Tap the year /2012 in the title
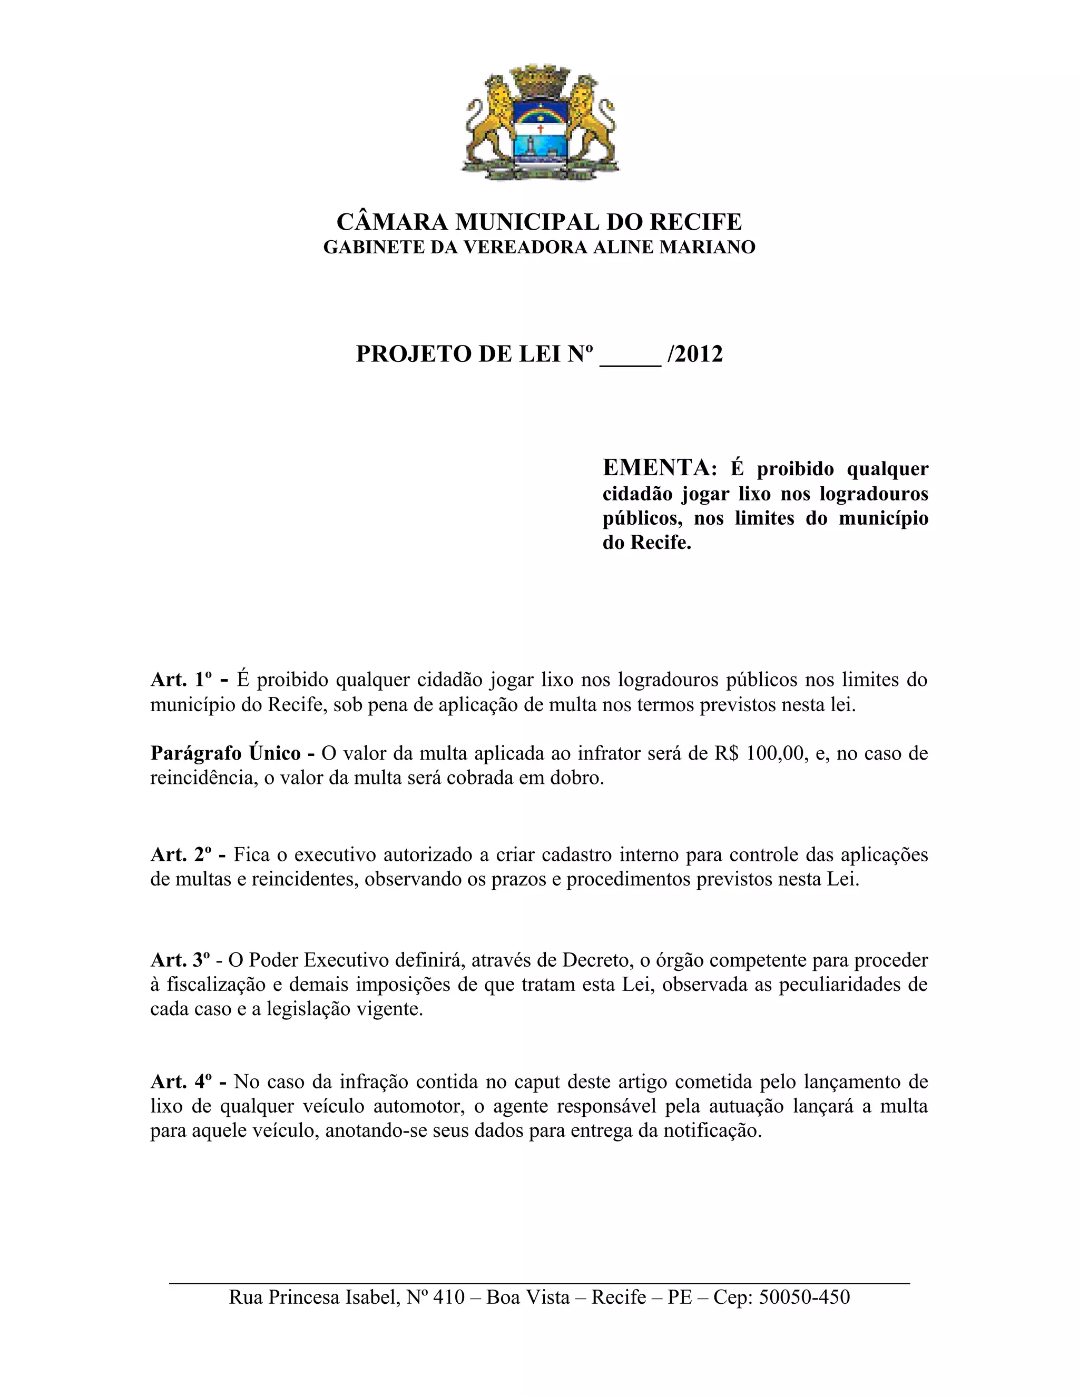point(695,353)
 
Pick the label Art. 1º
point(181,679)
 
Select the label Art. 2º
point(181,854)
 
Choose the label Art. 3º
point(181,959)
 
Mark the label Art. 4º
point(181,1082)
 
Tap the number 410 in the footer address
point(448,1297)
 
